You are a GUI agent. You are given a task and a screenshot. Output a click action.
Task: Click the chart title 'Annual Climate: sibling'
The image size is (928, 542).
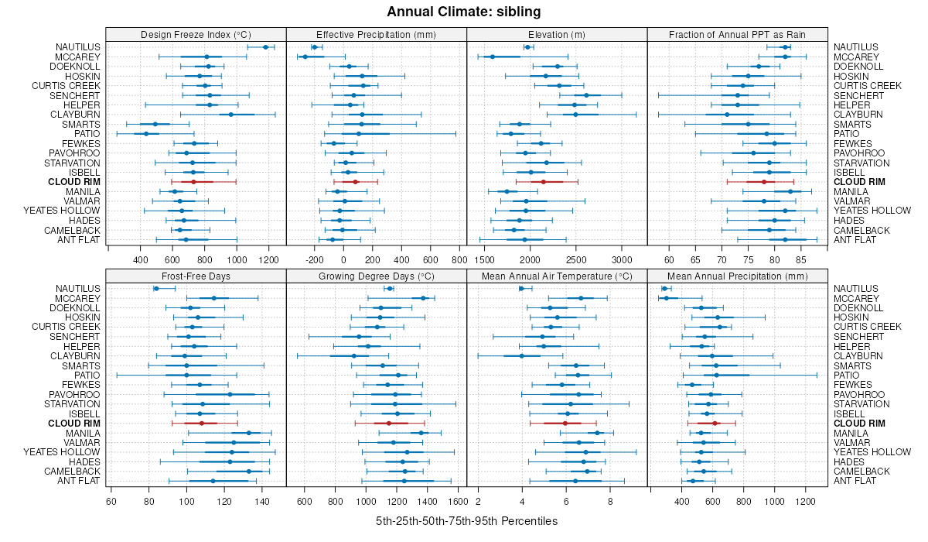[x=463, y=12]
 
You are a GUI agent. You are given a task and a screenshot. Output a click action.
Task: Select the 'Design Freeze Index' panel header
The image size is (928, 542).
[x=196, y=34]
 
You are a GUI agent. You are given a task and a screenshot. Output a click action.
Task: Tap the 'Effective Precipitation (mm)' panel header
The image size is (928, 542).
[x=377, y=34]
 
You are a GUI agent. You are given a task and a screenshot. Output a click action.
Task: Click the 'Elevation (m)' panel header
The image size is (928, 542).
[x=557, y=34]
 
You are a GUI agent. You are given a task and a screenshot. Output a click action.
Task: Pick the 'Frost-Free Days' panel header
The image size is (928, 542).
[x=196, y=276]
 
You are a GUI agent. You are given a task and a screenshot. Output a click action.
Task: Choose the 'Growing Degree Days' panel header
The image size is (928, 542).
[x=377, y=276]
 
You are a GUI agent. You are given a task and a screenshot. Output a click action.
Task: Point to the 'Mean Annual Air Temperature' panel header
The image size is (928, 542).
[x=557, y=276]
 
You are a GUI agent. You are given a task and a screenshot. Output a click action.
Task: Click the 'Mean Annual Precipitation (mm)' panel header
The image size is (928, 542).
[x=738, y=276]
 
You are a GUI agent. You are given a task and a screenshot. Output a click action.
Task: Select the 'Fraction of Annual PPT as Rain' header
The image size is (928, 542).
[x=738, y=34]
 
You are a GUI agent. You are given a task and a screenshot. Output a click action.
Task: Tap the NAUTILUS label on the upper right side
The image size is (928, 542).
[x=855, y=47]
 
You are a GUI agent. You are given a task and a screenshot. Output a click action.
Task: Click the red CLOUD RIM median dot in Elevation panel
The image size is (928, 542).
[x=544, y=182]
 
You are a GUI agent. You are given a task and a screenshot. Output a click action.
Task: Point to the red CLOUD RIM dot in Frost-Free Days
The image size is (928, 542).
[x=202, y=424]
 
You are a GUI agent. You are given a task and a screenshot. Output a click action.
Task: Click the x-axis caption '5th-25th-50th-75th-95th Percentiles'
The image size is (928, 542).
[x=466, y=521]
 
